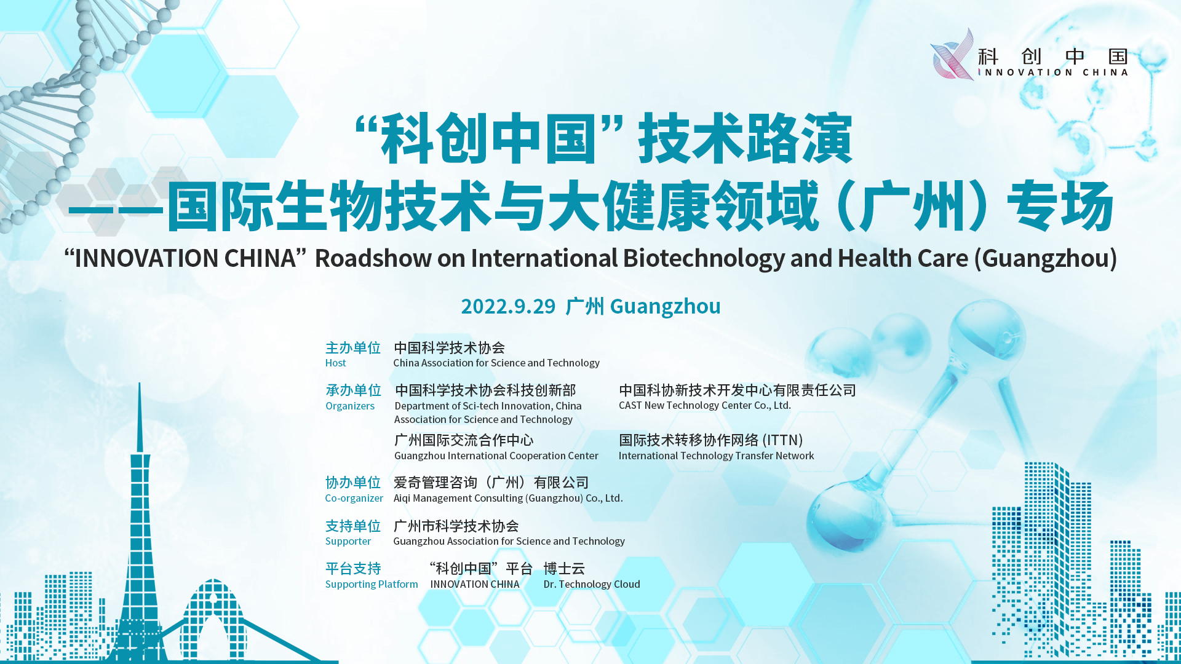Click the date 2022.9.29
508,306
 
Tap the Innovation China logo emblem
952,54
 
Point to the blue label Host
335,363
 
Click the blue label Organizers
349,406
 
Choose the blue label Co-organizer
354,498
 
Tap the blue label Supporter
348,541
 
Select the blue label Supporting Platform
371,584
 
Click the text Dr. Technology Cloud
591,584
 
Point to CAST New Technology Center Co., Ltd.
704,405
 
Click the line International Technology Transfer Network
716,456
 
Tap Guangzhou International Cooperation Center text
496,456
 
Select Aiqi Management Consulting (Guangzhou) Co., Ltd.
508,498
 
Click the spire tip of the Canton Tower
140,384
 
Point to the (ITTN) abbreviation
782,440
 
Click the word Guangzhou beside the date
665,306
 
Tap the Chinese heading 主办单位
352,348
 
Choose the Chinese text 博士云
564,569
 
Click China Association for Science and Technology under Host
496,363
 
